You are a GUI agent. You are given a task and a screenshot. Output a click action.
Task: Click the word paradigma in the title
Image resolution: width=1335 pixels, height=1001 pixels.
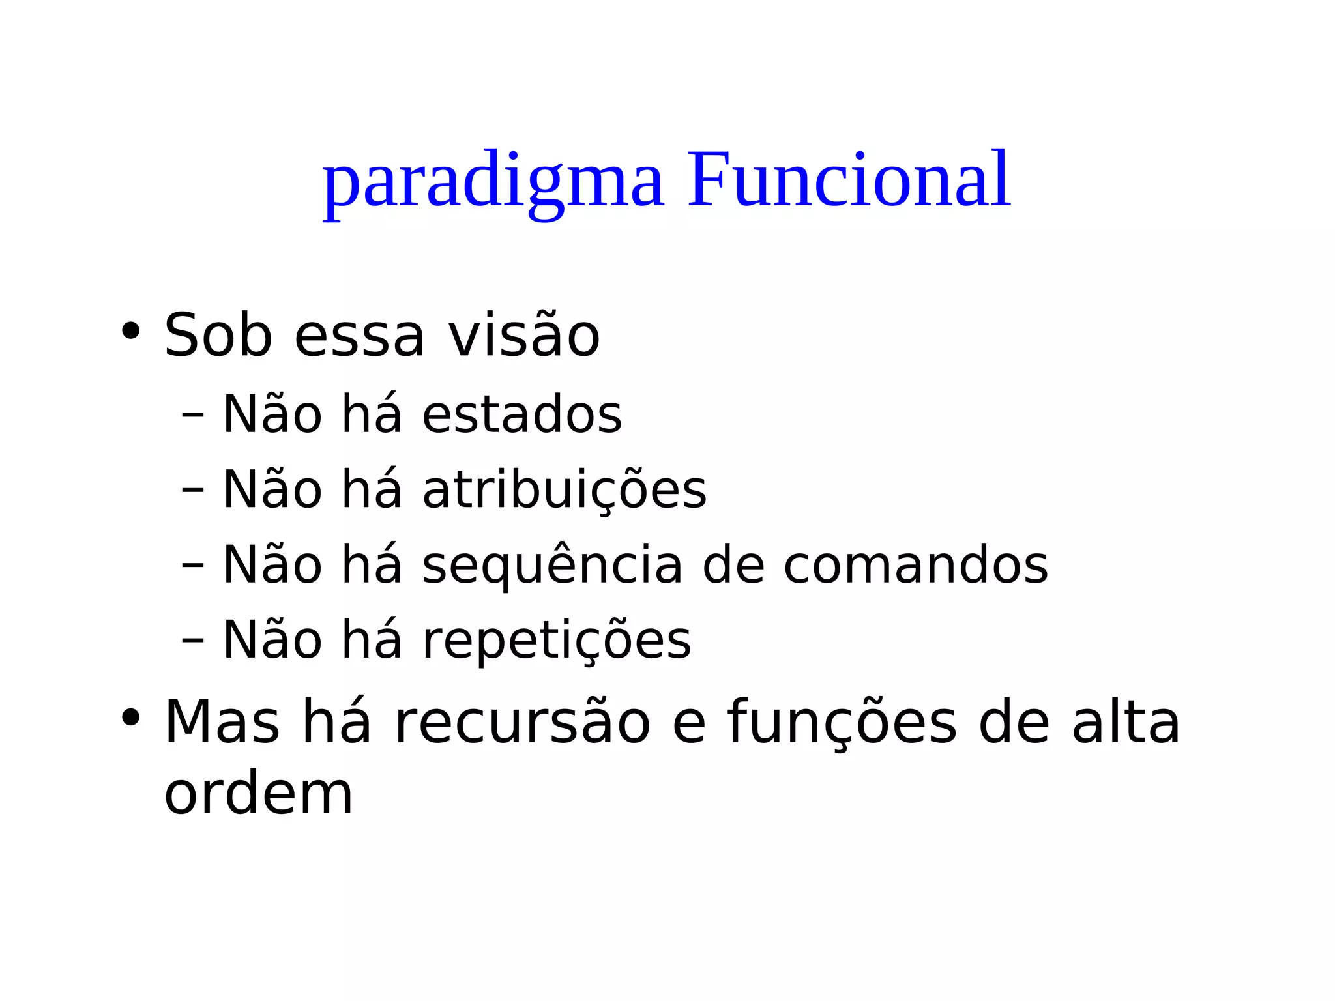[493, 182]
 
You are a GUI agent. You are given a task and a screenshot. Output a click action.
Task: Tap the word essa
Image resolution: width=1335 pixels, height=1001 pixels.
[359, 338]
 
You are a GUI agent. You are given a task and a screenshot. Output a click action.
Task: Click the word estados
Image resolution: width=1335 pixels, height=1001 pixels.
[522, 414]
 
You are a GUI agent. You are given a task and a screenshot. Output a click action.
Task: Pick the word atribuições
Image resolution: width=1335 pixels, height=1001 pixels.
[565, 489]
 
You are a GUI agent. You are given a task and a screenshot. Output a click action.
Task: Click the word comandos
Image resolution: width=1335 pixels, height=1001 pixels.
[915, 564]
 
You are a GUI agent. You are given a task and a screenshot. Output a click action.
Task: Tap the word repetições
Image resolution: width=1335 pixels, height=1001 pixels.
[557, 640]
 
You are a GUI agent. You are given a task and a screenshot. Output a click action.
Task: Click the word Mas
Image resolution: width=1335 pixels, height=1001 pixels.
[222, 721]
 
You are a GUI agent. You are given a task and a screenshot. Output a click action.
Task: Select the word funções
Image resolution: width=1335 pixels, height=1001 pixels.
[842, 721]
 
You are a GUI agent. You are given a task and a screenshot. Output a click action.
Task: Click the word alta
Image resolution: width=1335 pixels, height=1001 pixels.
[1126, 721]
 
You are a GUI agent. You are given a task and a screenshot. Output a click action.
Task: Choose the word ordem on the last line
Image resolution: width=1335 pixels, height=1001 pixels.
[258, 794]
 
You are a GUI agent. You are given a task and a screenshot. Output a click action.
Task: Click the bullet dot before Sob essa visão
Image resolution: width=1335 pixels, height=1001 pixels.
[130, 330]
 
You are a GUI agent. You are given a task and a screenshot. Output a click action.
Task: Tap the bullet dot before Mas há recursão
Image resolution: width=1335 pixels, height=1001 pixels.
[130, 718]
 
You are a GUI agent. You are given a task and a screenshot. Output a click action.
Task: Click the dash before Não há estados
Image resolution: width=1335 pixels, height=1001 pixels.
[193, 414]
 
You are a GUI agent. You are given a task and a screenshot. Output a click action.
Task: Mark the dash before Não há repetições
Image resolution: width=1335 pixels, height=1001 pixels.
[193, 640]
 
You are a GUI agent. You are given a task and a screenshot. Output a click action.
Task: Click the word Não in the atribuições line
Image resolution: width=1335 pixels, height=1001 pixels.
[272, 489]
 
